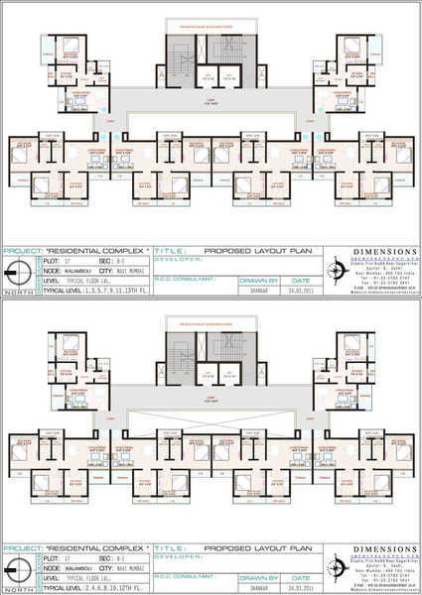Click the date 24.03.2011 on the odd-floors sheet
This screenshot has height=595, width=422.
(295, 291)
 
